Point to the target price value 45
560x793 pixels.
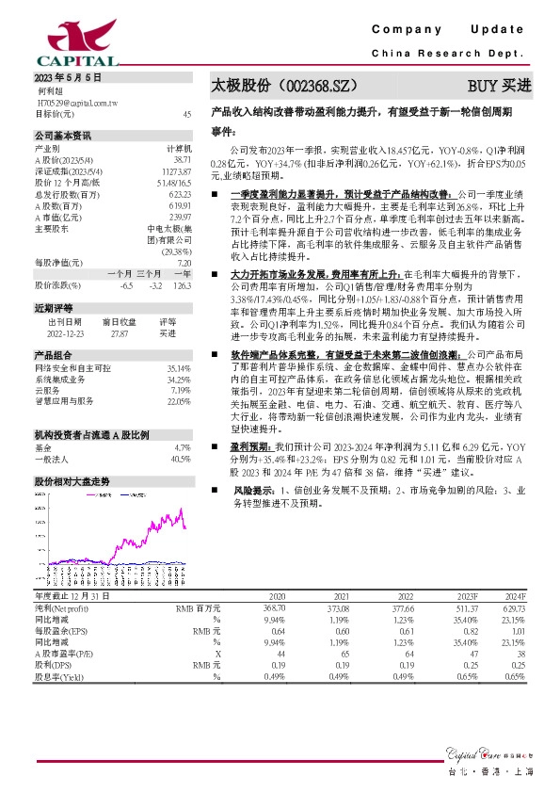pos(186,114)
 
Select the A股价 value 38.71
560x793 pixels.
pos(182,161)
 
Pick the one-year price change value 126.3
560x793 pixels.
pos(183,283)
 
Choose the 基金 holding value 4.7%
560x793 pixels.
pos(183,447)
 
